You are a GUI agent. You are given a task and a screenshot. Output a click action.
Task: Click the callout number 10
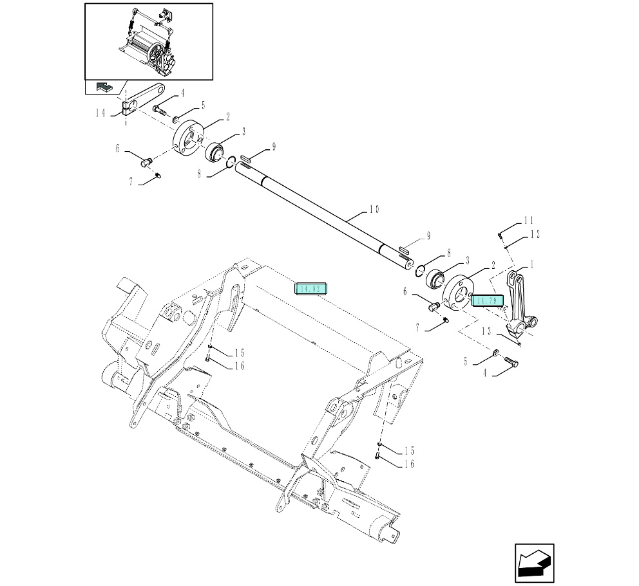(374, 209)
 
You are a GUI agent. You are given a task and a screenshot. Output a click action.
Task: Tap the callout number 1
(531, 264)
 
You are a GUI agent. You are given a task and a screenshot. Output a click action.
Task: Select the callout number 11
(528, 221)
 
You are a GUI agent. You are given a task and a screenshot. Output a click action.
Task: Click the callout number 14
(100, 113)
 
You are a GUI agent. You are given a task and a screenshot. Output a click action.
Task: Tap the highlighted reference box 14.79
(486, 300)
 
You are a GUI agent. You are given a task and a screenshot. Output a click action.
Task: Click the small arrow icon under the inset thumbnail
(104, 87)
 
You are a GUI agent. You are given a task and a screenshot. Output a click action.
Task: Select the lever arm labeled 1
(520, 302)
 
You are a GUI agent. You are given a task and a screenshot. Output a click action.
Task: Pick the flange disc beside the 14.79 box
(459, 293)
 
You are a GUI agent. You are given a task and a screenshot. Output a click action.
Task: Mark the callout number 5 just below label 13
(465, 362)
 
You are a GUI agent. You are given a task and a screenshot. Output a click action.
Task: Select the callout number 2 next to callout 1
(493, 264)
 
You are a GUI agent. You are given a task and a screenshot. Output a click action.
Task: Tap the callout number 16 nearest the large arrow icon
(410, 464)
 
